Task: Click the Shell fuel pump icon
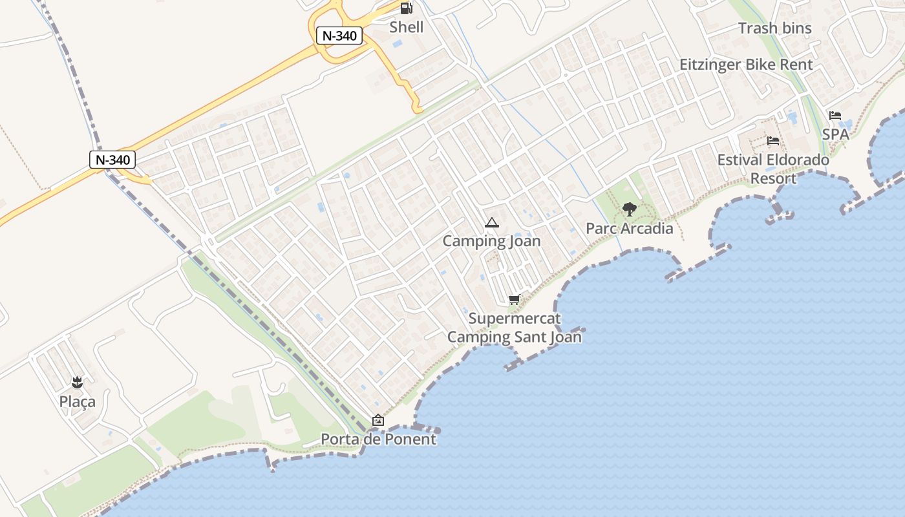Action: coord(406,8)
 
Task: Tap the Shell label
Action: coord(407,27)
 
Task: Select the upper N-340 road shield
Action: coord(339,36)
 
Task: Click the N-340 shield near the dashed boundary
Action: coord(112,160)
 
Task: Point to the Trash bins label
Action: coord(774,28)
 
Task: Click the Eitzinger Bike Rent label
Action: coord(746,65)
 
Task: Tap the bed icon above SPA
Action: coord(835,116)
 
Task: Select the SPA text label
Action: coord(835,134)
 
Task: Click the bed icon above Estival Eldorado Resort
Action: coord(773,141)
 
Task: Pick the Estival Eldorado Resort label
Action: coord(773,169)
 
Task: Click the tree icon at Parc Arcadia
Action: coord(629,209)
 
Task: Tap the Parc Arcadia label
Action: coord(629,228)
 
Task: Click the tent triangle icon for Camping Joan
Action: coord(491,223)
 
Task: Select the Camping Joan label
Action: coord(491,241)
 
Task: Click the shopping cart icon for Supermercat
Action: coord(514,299)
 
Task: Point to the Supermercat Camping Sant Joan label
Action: coord(515,328)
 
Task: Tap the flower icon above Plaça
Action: coord(78,383)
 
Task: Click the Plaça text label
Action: coord(78,401)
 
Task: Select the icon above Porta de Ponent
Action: coord(378,421)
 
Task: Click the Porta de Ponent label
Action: coord(378,439)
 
